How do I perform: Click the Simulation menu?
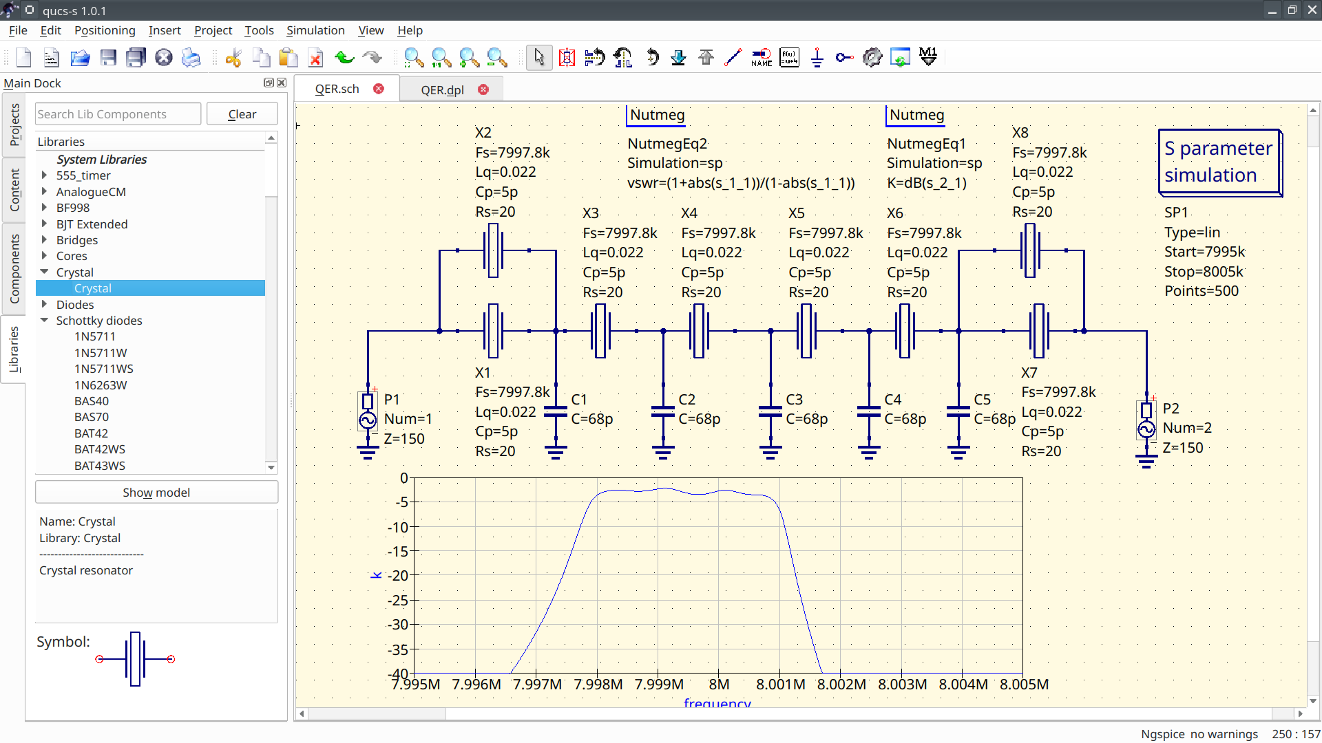[x=315, y=30]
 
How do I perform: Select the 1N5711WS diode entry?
[x=104, y=369]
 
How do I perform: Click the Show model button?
[x=156, y=493]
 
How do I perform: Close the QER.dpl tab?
[x=483, y=89]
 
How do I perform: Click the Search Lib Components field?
[x=118, y=114]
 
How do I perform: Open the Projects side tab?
[x=14, y=125]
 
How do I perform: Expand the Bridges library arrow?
[x=44, y=240]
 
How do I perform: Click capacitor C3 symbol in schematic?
[x=770, y=412]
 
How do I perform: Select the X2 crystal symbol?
[x=493, y=250]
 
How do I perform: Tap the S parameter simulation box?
[x=1219, y=162]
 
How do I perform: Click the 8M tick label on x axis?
[x=719, y=685]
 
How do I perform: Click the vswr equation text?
[x=741, y=183]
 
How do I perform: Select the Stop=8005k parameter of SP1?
[x=1204, y=272]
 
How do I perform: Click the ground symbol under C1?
[x=556, y=452]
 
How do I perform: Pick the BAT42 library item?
[x=91, y=433]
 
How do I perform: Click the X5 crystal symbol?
[x=806, y=331]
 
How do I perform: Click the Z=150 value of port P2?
[x=1183, y=448]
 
